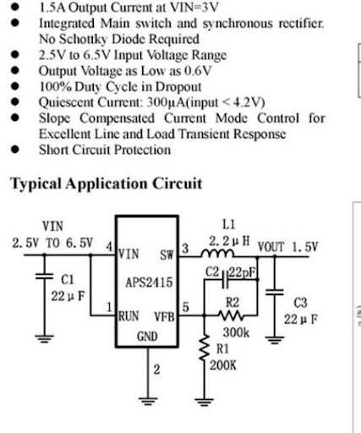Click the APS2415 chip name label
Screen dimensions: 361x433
(x=149, y=282)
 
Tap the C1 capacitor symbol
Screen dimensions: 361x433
(x=44, y=277)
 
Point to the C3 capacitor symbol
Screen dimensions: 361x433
(x=275, y=292)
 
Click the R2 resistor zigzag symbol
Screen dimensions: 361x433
(x=231, y=315)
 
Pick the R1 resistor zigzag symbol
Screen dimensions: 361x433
(x=205, y=348)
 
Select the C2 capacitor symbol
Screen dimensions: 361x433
(x=225, y=280)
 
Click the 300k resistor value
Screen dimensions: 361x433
(x=236, y=332)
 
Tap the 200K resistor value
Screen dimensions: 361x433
(x=223, y=365)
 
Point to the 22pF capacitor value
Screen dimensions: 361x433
(x=243, y=272)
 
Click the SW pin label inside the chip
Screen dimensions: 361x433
(x=167, y=255)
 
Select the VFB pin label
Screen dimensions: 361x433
(x=164, y=317)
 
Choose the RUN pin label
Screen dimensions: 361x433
(x=129, y=316)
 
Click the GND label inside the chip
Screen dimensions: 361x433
(x=147, y=337)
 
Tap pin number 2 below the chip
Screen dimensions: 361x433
(x=156, y=370)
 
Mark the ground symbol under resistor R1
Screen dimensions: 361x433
(x=204, y=402)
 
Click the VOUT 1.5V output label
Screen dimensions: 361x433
(x=287, y=247)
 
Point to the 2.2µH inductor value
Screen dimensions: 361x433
(x=229, y=241)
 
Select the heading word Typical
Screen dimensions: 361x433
(x=36, y=184)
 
